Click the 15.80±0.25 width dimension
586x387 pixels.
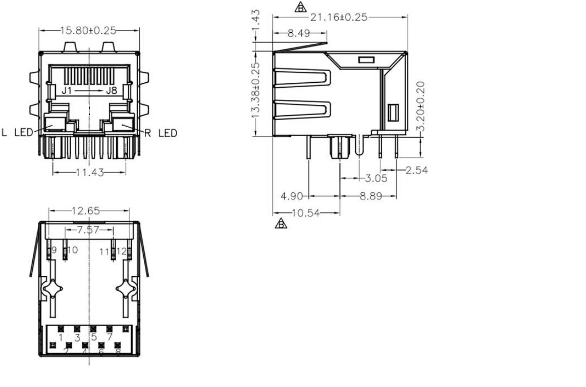pyautogui.click(x=88, y=30)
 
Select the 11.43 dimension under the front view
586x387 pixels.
pyautogui.click(x=89, y=173)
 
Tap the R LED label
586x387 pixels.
pyautogui.click(x=161, y=133)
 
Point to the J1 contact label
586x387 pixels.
pyautogui.click(x=67, y=91)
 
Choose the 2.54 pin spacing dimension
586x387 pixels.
pyautogui.click(x=416, y=170)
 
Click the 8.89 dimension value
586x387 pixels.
pyautogui.click(x=370, y=196)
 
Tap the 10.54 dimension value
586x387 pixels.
pyautogui.click(x=306, y=212)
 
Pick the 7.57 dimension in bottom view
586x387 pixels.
pyautogui.click(x=88, y=230)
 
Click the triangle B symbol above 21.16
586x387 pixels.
pyautogui.click(x=300, y=7)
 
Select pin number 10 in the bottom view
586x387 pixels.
pyautogui.click(x=72, y=250)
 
